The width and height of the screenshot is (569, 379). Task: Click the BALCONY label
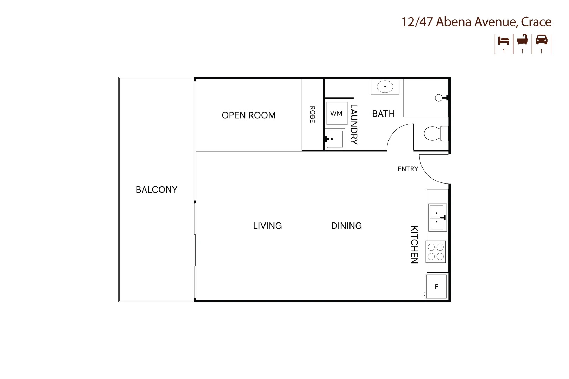point(157,190)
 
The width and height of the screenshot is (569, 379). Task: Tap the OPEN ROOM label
point(249,115)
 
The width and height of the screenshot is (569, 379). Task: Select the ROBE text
point(312,114)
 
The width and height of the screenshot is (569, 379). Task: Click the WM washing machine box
point(336,113)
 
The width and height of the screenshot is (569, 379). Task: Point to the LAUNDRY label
point(353,124)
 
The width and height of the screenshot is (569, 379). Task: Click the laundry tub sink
point(334,139)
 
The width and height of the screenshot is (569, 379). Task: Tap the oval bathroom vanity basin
point(385,86)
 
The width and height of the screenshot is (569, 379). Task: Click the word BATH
point(383,114)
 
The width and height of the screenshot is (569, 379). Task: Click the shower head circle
point(439,98)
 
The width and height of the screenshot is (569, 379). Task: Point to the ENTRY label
point(407,169)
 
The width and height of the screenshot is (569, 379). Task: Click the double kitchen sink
point(437,218)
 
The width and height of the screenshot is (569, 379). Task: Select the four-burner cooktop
point(436,252)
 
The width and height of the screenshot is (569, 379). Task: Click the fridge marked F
point(436,286)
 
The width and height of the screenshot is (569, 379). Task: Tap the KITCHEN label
point(414,244)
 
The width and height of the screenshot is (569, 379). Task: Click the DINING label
point(346,226)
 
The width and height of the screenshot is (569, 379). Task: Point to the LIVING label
point(267,226)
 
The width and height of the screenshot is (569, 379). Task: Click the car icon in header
point(541,40)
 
